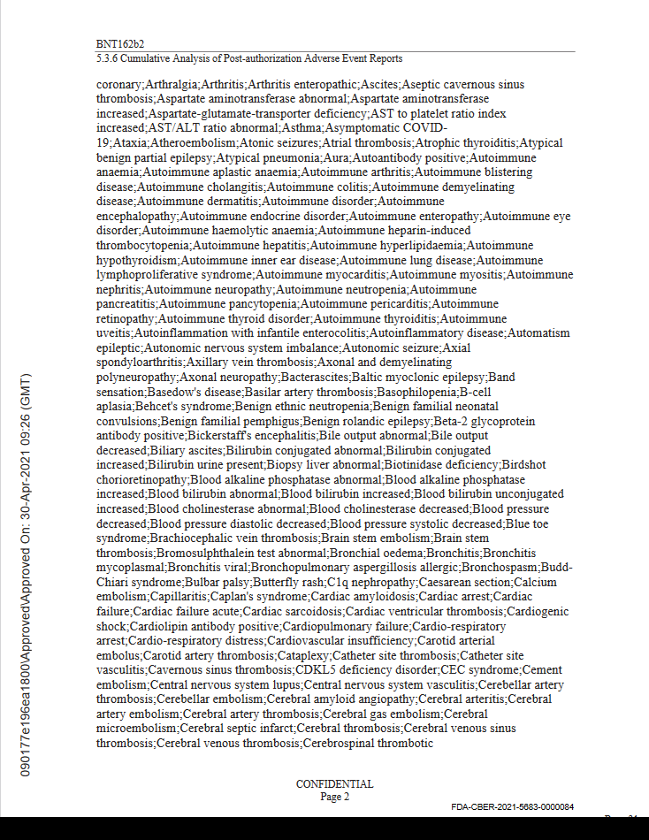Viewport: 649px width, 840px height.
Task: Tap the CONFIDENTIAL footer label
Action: pos(334,783)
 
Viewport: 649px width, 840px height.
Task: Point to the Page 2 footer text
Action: pos(334,796)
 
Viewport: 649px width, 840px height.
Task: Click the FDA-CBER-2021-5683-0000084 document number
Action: pos(512,807)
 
